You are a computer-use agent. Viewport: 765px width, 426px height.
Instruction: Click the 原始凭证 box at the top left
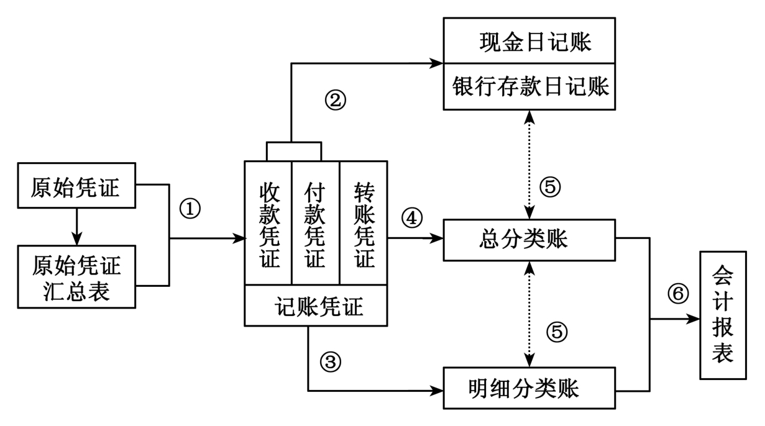pos(76,186)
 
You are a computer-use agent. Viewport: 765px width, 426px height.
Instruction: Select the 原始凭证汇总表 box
pos(76,276)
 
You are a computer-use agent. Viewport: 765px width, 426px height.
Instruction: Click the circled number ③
pos(331,361)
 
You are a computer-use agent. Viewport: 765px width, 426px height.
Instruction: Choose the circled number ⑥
pos(678,293)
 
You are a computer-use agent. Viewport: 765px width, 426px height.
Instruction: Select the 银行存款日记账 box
pos(529,86)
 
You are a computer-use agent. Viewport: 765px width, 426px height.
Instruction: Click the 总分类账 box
pos(529,240)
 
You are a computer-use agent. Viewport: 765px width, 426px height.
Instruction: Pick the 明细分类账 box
pos(529,388)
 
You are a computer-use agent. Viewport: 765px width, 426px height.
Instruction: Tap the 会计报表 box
pos(723,315)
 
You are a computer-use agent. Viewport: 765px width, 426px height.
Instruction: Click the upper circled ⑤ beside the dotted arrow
pos(551,186)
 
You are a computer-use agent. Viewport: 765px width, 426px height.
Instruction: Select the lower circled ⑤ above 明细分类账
pos(557,332)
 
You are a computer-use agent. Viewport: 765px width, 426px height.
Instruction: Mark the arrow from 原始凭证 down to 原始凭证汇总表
pos(76,226)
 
